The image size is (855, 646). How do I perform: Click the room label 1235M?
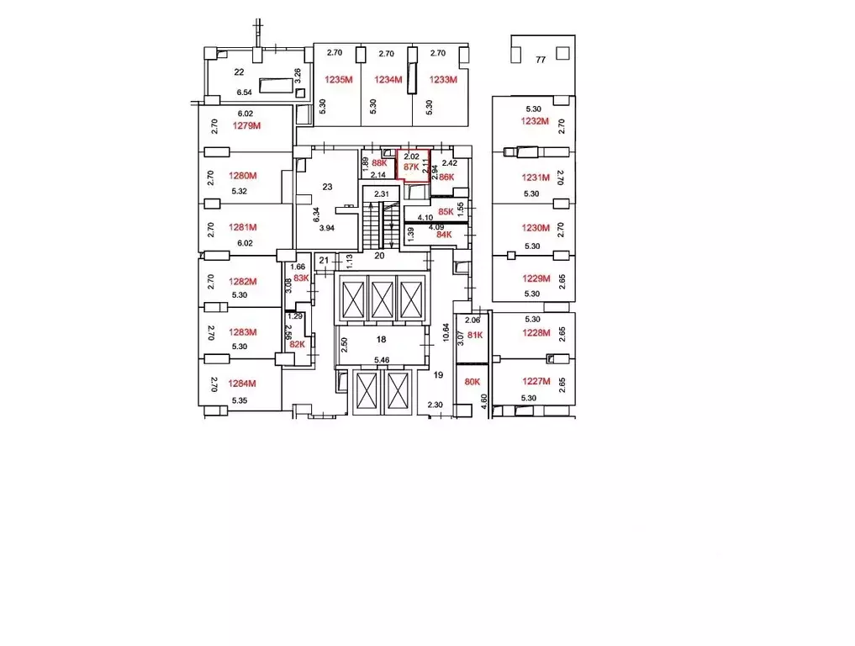(x=338, y=81)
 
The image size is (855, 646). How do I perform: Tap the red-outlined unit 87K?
(x=412, y=166)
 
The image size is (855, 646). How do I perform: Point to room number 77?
(x=541, y=60)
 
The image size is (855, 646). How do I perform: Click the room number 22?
(x=239, y=72)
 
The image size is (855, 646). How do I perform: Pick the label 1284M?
(x=242, y=383)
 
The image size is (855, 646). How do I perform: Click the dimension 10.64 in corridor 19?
(x=446, y=332)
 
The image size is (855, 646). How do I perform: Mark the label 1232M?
(x=535, y=121)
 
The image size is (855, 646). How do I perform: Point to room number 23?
(x=328, y=188)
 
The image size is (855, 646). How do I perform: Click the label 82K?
(x=297, y=344)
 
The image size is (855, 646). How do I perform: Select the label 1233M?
(x=442, y=81)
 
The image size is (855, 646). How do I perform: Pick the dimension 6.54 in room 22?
(x=245, y=93)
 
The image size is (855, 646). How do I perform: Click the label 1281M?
(x=242, y=227)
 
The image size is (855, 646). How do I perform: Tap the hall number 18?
(x=381, y=339)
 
